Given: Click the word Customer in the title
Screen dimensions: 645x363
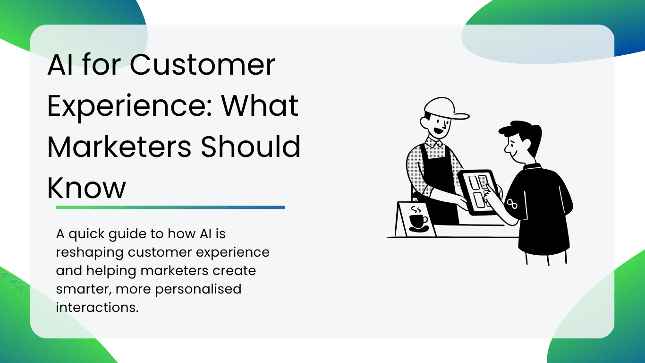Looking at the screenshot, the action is tap(203, 65).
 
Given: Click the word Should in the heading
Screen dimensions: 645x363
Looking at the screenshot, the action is tap(251, 146).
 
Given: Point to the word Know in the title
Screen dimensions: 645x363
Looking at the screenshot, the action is tap(87, 188).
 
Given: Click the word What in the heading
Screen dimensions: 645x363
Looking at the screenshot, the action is tap(260, 105).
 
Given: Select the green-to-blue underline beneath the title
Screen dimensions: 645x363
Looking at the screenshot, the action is tap(170, 207).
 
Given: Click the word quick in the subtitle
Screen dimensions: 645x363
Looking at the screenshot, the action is tap(86, 234).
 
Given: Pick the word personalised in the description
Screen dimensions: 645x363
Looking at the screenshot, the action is tap(198, 289).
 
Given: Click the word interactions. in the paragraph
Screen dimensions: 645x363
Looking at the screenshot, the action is tap(97, 307).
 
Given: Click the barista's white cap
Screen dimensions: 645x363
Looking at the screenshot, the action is tap(445, 108).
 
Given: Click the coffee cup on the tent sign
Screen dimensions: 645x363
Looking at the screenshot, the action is tap(418, 221).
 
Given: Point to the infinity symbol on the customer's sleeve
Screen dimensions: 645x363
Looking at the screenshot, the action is tap(512, 204).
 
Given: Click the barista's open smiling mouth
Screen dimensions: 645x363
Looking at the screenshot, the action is tap(438, 130).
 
